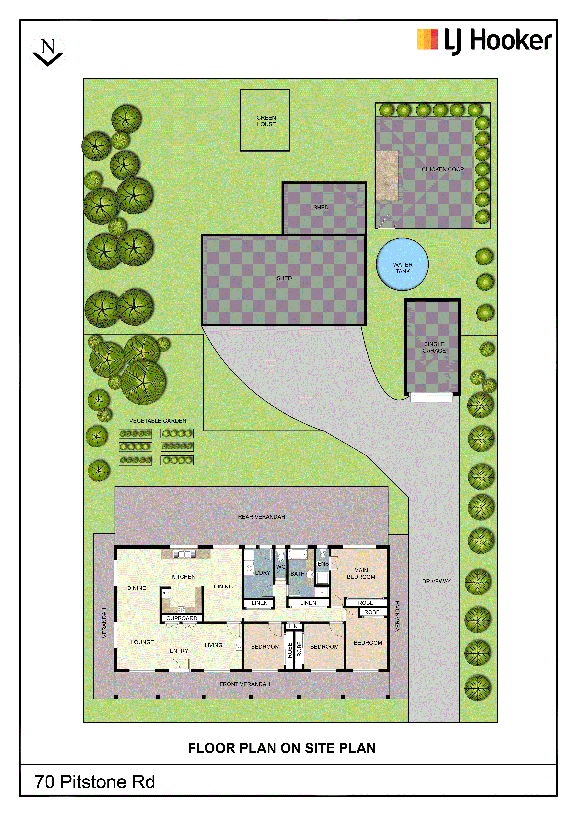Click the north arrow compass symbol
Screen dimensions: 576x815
[x=48, y=52]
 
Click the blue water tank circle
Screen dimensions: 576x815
[x=402, y=264]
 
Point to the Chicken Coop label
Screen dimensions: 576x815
[x=443, y=169]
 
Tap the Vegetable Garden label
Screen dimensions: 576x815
[x=158, y=421]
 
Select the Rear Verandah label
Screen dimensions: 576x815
[x=261, y=517]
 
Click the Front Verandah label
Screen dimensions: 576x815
[x=245, y=684]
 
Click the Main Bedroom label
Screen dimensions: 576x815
[x=361, y=574]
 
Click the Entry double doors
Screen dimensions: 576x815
[x=179, y=664]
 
